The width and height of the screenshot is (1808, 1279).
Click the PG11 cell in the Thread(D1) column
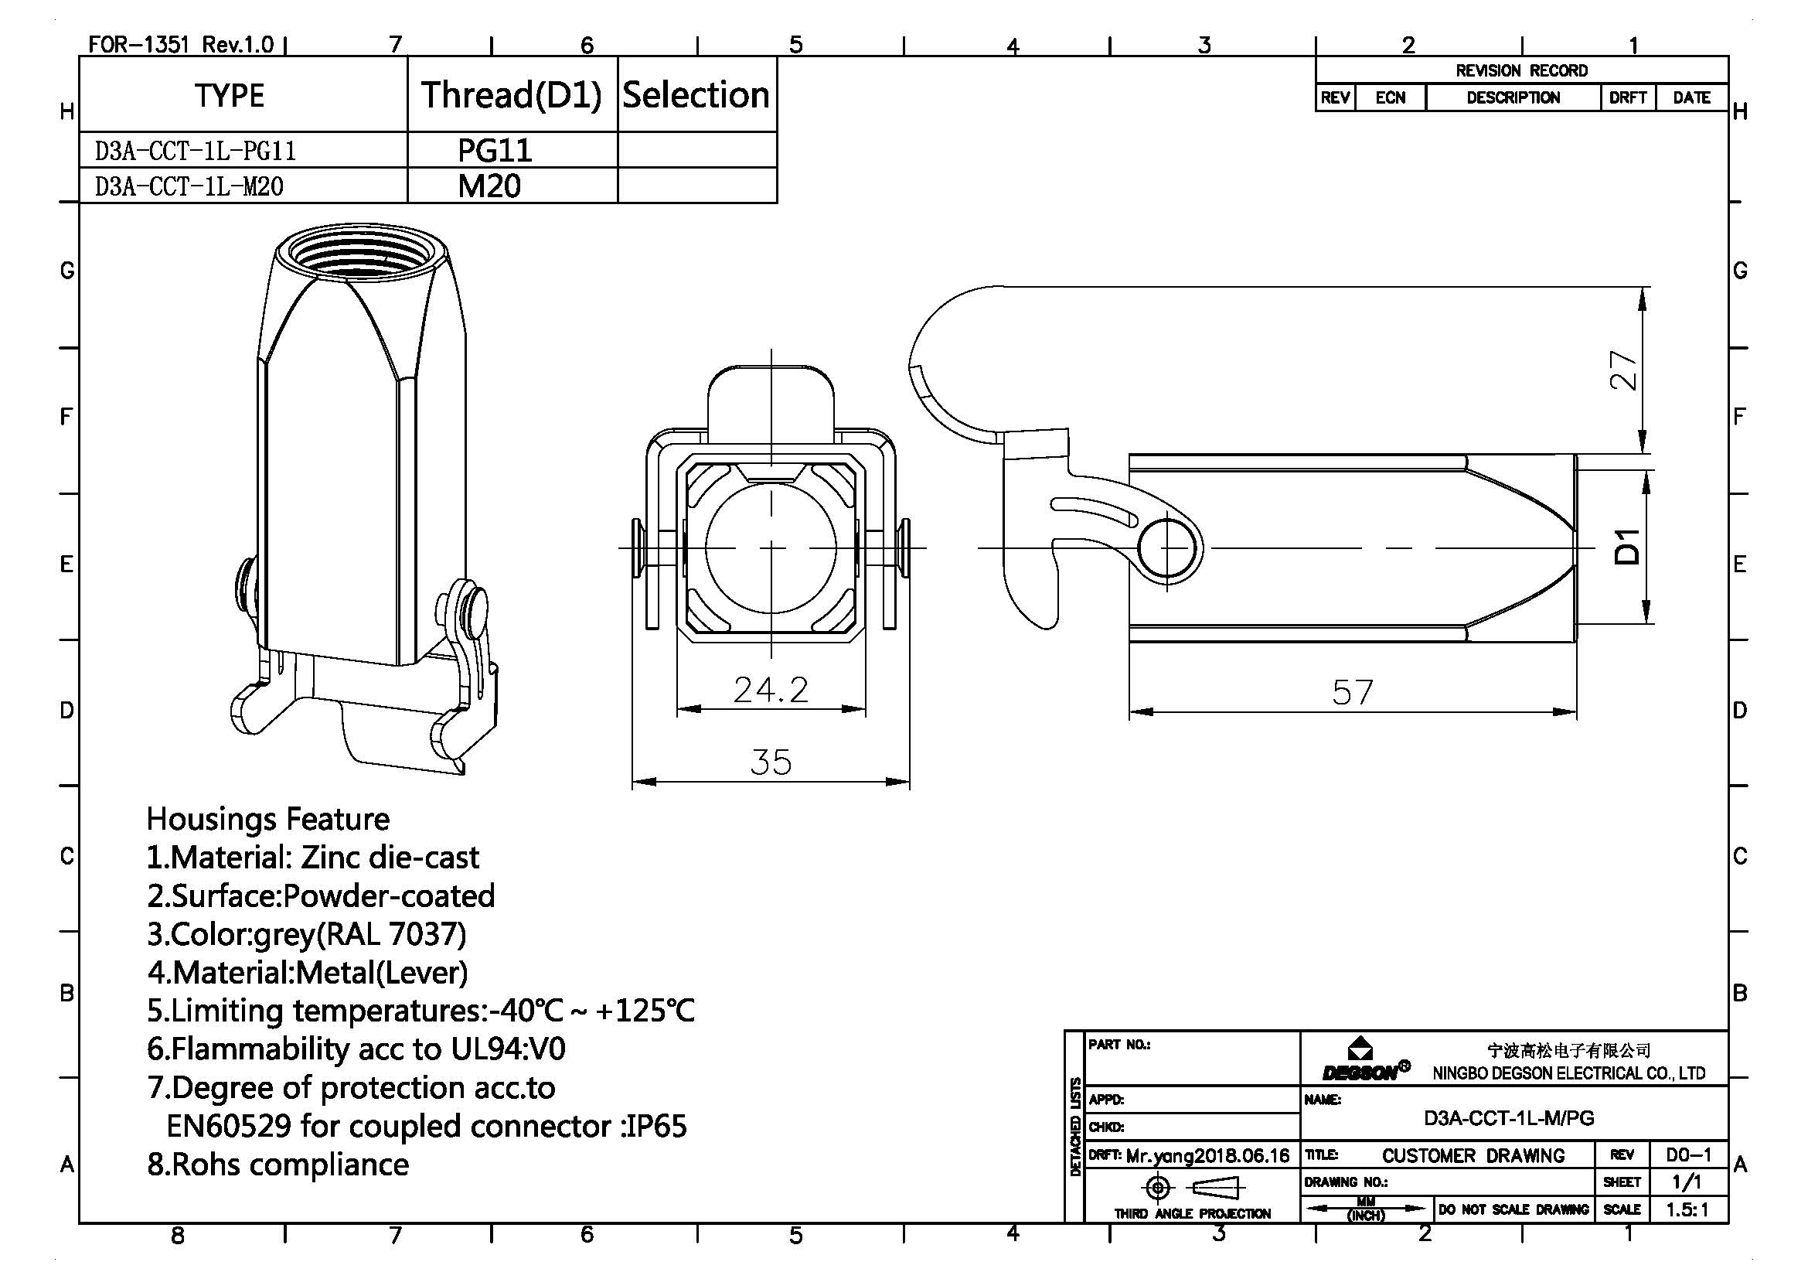495,150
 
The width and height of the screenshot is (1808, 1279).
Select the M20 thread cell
489,186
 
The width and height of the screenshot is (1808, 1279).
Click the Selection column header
696,95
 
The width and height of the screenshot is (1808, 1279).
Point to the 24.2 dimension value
770,690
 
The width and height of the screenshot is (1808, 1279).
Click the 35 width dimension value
770,762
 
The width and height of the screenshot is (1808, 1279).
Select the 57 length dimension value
1352,692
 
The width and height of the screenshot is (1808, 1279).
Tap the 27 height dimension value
1623,370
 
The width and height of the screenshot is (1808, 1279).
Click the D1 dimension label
1627,547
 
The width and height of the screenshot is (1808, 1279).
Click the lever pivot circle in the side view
1168,547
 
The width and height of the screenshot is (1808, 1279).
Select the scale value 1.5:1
1687,1209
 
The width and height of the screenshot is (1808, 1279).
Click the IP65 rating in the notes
656,1126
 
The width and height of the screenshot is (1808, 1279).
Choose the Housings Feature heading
267,819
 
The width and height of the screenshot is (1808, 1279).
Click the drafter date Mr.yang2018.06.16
1207,1156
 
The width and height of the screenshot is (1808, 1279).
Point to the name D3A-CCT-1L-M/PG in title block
1508,1117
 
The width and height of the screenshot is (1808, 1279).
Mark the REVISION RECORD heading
1521,71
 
